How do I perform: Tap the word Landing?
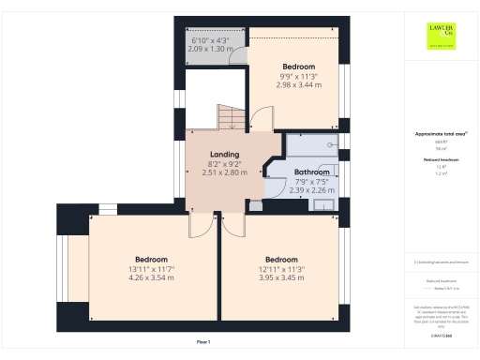click(x=224, y=155)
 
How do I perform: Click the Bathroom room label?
click(x=311, y=172)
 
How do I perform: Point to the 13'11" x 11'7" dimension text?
click(x=151, y=269)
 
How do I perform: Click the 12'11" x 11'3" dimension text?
click(x=281, y=269)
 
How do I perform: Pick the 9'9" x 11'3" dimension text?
click(x=299, y=76)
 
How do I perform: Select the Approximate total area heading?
click(x=439, y=134)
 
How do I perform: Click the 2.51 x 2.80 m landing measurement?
click(x=224, y=172)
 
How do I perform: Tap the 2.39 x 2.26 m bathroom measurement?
click(x=311, y=190)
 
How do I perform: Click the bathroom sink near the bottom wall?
click(x=324, y=204)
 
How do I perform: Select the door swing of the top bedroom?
click(x=262, y=119)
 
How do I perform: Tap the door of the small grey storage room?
click(x=240, y=54)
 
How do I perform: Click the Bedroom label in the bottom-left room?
click(x=151, y=260)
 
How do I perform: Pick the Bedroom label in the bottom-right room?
click(x=281, y=260)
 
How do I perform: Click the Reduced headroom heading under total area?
click(x=441, y=160)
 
